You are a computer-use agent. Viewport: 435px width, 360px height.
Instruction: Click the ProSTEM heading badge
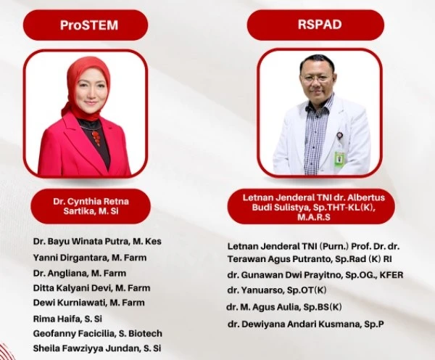(x=86, y=25)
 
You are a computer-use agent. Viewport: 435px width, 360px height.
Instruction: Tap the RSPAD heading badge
(x=315, y=25)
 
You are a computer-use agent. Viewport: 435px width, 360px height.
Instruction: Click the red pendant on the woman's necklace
(x=96, y=137)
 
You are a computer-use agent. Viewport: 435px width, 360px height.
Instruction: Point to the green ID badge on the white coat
(x=339, y=159)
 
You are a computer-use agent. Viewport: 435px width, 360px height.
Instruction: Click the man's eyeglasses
(x=315, y=78)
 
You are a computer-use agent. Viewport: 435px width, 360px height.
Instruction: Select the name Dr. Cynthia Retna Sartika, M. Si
(x=91, y=206)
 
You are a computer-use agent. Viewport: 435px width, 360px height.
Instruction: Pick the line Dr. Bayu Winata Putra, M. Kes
(x=97, y=241)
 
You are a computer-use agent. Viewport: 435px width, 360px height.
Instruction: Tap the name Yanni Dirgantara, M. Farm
(x=90, y=258)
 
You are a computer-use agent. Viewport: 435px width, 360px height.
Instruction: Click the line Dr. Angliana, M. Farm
(x=80, y=274)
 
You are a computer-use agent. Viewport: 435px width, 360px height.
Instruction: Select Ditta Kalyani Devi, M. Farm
(x=91, y=288)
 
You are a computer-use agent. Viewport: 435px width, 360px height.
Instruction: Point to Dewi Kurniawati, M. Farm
(x=88, y=303)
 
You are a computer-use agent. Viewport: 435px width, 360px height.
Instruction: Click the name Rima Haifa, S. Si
(x=67, y=319)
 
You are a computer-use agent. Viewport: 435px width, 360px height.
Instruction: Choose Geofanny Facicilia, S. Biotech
(x=97, y=333)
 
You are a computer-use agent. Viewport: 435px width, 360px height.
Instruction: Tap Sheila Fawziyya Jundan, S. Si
(x=97, y=348)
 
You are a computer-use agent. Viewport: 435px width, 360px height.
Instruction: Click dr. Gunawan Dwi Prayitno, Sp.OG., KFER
(x=315, y=275)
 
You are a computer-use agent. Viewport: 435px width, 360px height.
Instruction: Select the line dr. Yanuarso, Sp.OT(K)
(x=277, y=290)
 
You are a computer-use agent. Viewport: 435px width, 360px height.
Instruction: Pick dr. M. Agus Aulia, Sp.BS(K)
(x=284, y=307)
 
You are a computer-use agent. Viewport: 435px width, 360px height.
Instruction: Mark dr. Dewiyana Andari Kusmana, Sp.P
(x=306, y=324)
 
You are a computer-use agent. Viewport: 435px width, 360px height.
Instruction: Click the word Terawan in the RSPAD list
(x=244, y=259)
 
